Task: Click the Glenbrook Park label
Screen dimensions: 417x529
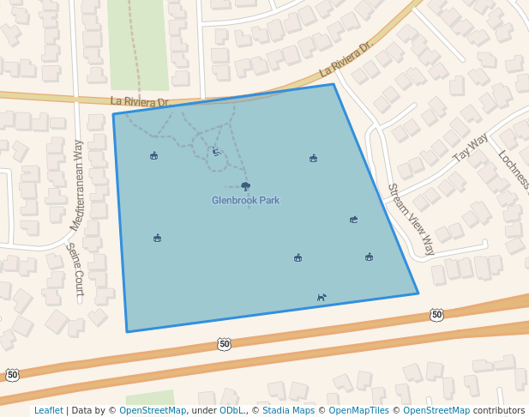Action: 246,201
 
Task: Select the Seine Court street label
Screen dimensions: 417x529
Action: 75,271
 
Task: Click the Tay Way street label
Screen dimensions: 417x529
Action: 470,148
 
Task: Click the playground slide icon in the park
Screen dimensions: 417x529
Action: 216,152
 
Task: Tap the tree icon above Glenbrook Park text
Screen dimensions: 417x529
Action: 246,186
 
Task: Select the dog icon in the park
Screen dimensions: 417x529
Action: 322,298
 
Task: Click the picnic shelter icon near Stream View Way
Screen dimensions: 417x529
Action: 353,220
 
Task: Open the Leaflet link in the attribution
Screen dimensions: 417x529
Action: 49,411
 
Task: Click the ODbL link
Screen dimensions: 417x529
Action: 231,411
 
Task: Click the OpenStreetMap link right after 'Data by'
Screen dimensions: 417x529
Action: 153,411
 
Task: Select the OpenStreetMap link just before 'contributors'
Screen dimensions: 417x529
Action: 436,411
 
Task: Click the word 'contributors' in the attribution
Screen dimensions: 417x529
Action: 499,411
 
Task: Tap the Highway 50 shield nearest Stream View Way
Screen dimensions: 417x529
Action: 437,316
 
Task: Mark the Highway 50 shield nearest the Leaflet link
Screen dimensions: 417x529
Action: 12,375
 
